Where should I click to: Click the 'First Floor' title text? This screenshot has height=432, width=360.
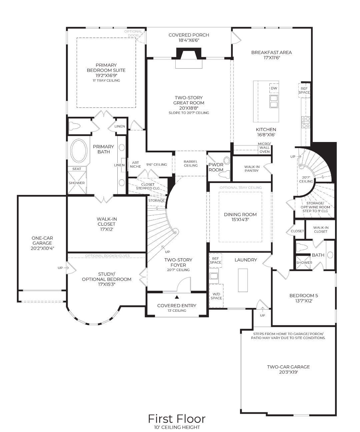[x=177, y=419]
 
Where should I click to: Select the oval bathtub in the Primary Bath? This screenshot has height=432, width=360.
[x=79, y=150]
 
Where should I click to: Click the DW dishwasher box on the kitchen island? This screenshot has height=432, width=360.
[x=274, y=88]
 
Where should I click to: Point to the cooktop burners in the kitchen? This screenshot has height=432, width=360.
[x=306, y=122]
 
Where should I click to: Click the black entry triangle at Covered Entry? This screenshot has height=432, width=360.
[x=177, y=297]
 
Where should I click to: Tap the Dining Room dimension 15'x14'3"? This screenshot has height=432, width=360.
[x=240, y=220]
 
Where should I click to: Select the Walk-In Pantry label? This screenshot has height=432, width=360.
[x=252, y=169]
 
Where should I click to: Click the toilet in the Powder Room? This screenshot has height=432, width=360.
[x=224, y=174]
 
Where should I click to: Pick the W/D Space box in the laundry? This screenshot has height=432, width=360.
[x=216, y=296]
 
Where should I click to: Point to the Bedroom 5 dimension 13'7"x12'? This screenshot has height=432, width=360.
[x=304, y=301]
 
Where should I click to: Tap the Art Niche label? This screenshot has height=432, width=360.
[x=136, y=164]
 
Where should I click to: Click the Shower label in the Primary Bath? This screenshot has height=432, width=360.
[x=77, y=183]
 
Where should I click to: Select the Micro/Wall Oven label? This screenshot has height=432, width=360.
[x=264, y=148]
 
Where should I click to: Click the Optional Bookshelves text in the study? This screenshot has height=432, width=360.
[x=107, y=256]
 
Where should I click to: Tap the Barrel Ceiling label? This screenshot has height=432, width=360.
[x=191, y=163]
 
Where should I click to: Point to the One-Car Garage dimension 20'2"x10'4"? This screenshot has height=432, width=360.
[x=42, y=248]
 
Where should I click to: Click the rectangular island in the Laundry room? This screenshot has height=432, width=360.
[x=243, y=280]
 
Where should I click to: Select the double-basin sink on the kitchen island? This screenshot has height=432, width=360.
[x=274, y=101]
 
